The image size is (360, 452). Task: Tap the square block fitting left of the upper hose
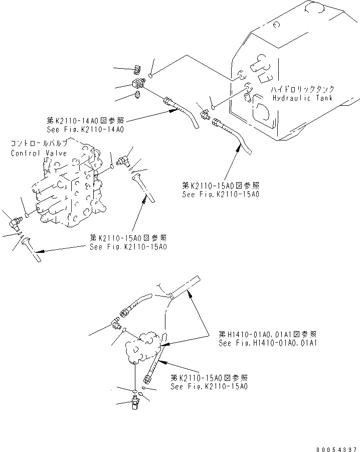point(137,82)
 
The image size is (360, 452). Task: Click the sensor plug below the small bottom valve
point(135,402)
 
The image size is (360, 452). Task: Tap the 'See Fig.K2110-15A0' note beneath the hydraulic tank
point(221,194)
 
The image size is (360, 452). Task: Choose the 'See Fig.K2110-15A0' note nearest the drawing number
point(209,387)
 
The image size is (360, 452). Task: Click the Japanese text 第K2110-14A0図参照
point(84,121)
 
